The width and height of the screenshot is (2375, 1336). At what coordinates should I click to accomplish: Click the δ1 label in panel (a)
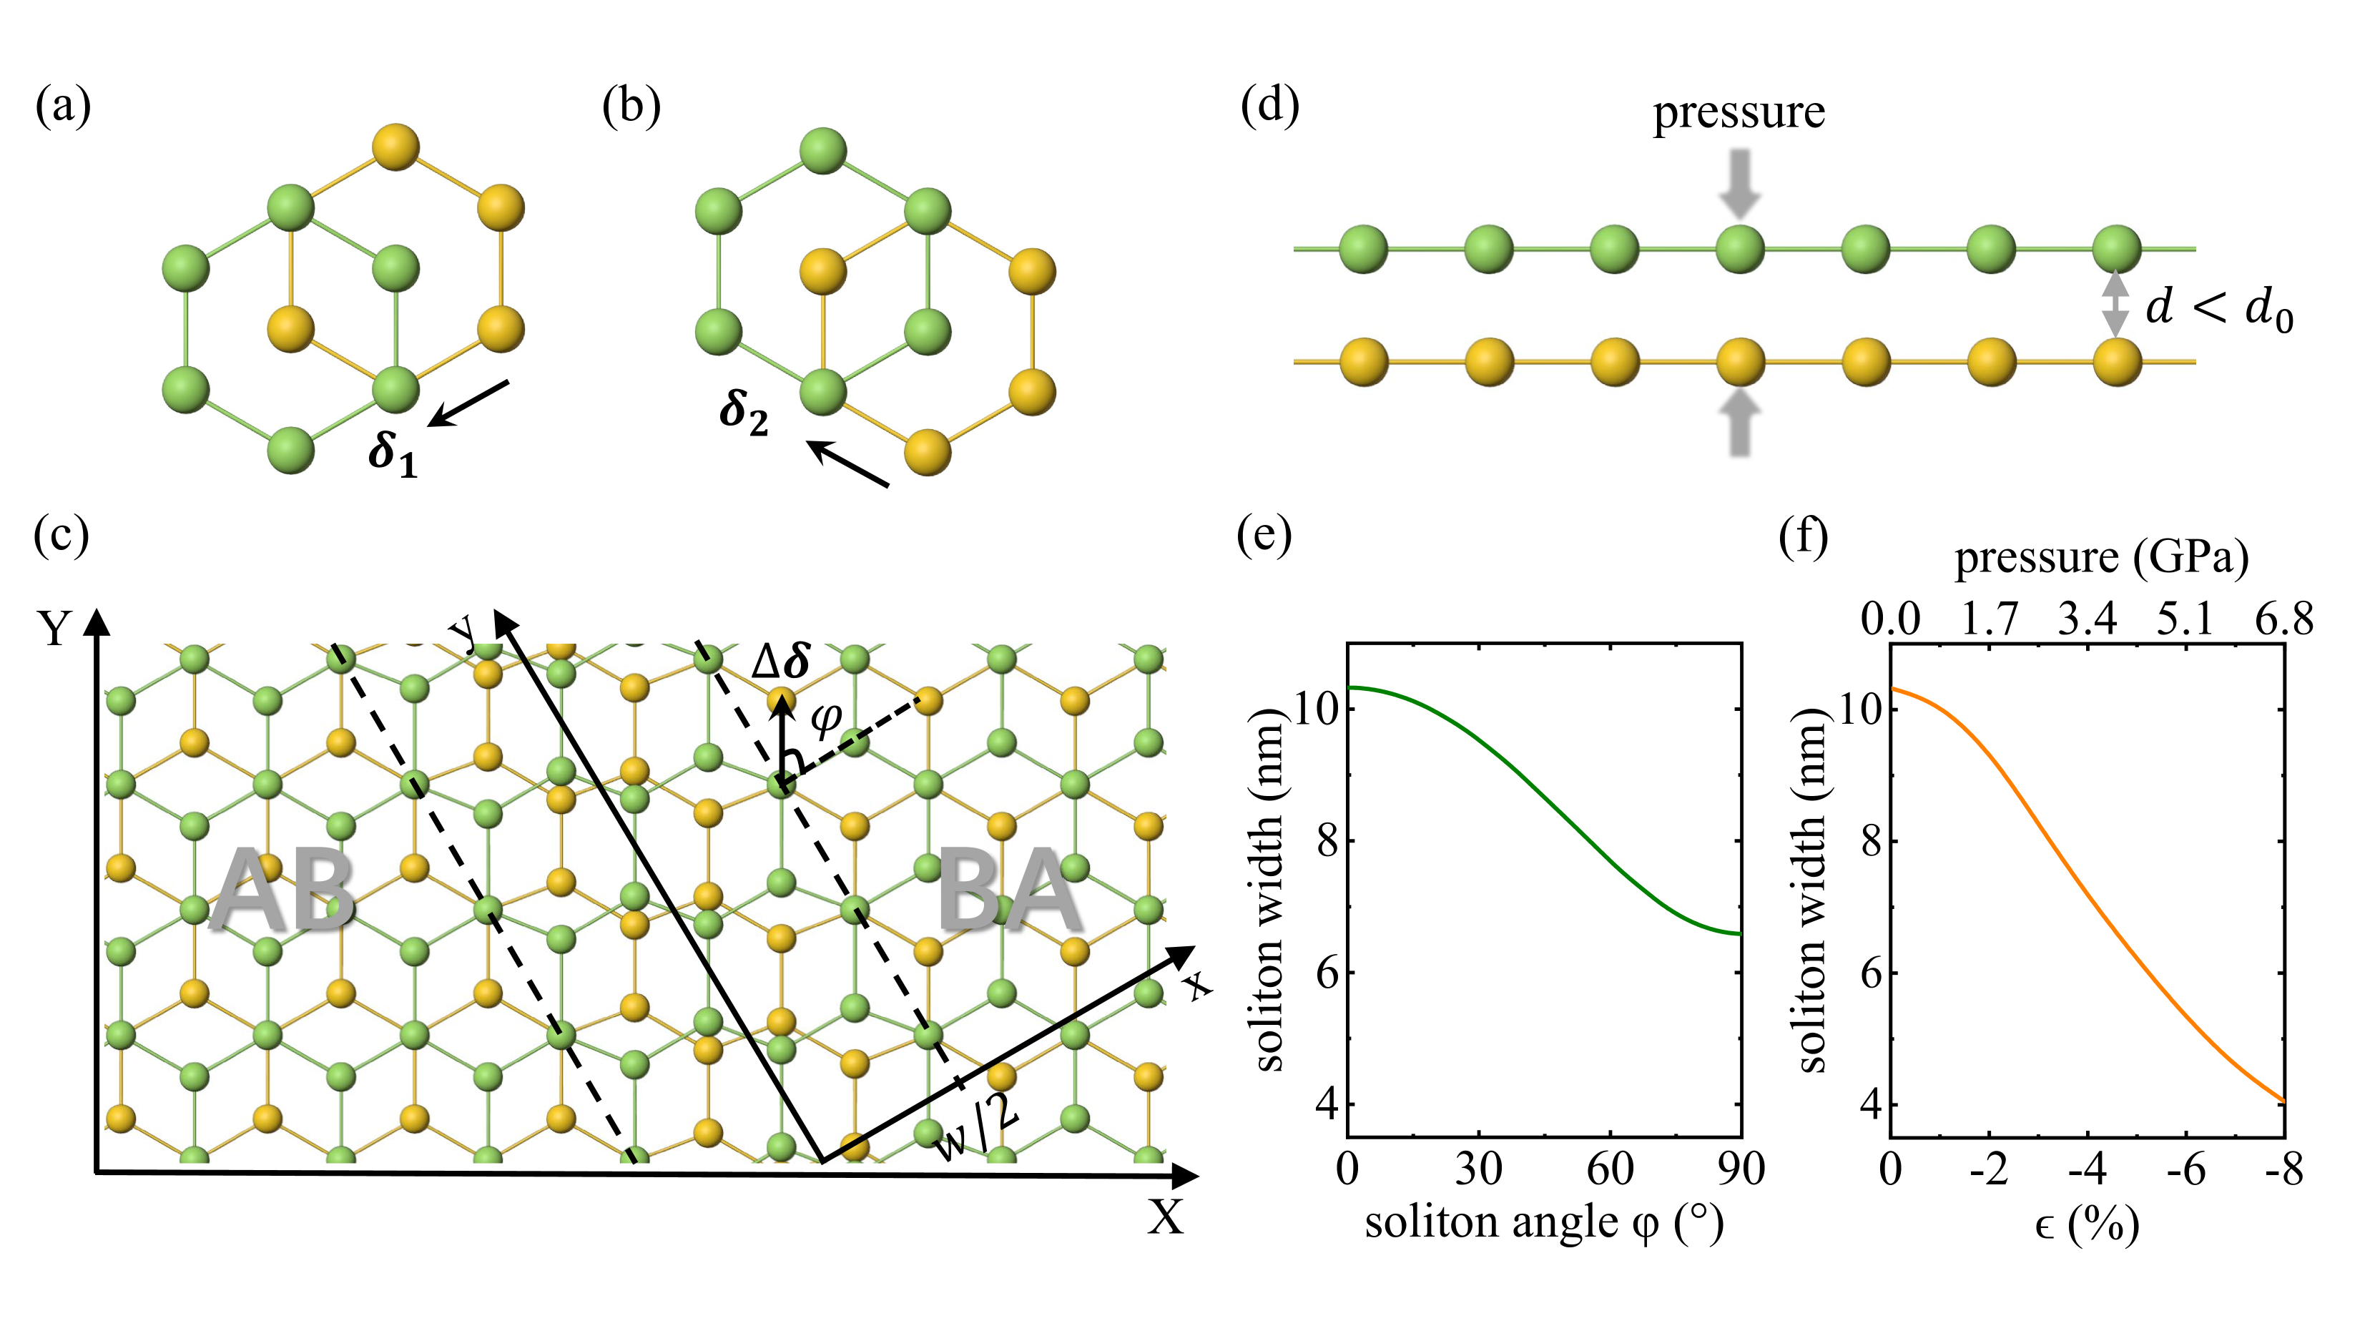393,453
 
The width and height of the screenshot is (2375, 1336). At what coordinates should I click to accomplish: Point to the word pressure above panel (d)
1738,112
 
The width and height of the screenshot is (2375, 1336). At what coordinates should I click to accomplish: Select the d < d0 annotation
2218,309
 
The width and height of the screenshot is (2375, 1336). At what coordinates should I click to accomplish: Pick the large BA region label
1010,890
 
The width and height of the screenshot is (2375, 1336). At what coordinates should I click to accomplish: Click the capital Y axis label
54,629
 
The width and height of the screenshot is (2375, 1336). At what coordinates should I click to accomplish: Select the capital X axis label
1166,1217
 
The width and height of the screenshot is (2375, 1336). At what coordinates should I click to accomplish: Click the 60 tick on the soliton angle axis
1610,1169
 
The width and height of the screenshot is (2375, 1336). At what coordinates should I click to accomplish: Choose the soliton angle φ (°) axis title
1543,1224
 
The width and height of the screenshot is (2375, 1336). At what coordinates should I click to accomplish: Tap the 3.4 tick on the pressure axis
2088,619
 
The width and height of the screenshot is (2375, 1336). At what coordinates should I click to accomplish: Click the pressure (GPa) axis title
2101,558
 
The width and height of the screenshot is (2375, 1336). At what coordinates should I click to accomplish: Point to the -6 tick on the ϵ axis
2185,1169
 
